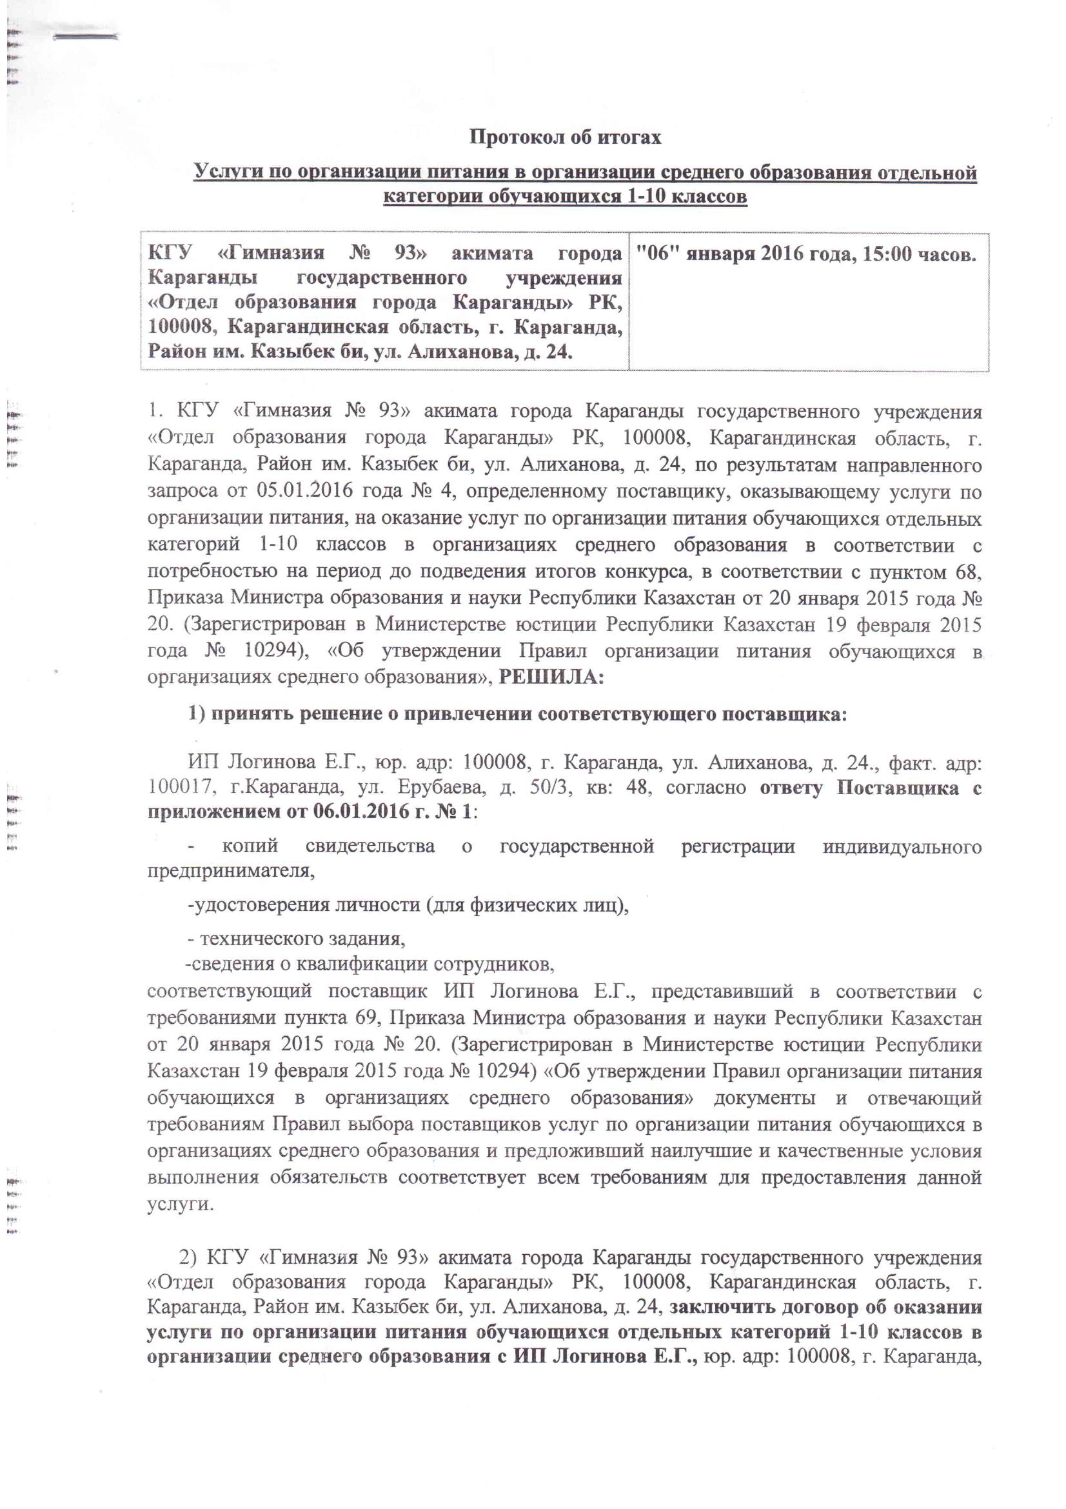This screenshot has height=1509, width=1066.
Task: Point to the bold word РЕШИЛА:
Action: (x=550, y=677)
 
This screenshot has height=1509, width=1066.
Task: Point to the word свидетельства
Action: (x=370, y=846)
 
